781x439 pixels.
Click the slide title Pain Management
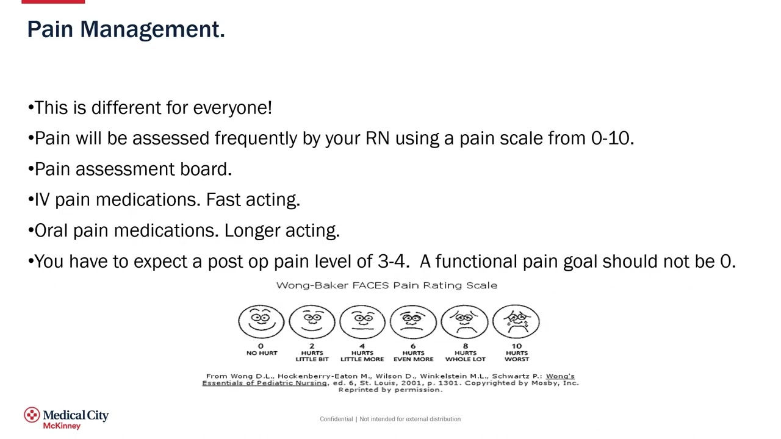[126, 29]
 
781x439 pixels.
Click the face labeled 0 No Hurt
[261, 321]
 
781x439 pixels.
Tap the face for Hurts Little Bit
[312, 321]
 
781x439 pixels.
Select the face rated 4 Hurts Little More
[362, 321]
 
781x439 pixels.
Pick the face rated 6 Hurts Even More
[413, 321]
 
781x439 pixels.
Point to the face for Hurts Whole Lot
[465, 321]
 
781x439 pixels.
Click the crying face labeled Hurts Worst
[516, 321]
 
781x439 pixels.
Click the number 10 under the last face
[517, 346]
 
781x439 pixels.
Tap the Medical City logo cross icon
[32, 415]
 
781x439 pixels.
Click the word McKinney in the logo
[62, 426]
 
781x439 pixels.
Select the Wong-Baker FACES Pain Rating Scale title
[386, 285]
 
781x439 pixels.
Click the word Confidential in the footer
[336, 419]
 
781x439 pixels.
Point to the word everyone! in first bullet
[232, 108]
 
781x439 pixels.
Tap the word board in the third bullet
[205, 169]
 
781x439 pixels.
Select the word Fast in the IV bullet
[223, 200]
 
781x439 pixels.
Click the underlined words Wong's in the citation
[560, 376]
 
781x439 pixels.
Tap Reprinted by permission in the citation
[390, 390]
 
